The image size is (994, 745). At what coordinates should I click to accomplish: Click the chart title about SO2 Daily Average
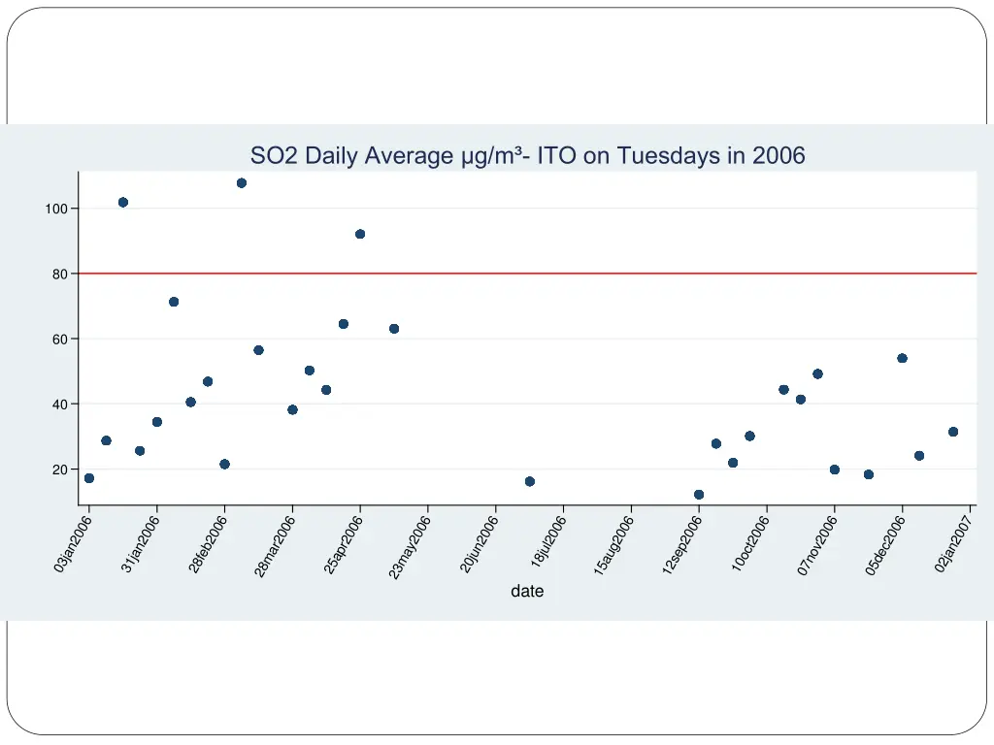527,155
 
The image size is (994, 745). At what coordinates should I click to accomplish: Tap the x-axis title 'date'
527,591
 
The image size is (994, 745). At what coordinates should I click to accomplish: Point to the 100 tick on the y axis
54,210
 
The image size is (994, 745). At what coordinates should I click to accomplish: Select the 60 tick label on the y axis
58,340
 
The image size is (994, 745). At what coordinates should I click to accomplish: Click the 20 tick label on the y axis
58,470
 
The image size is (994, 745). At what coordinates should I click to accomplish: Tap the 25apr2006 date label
344,545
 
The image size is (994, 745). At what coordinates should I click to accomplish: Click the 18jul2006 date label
548,543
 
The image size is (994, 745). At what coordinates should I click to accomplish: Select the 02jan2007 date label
953,544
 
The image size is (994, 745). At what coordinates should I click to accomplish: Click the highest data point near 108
242,183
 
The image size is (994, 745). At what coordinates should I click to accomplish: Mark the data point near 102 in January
123,203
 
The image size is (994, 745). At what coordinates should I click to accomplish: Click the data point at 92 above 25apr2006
360,234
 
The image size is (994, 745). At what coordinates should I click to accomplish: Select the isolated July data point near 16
530,481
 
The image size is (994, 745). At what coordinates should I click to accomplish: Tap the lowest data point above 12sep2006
699,495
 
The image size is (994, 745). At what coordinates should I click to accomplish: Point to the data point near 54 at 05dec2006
902,358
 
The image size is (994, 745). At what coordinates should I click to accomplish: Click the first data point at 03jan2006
89,478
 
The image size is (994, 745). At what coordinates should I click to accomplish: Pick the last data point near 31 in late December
953,432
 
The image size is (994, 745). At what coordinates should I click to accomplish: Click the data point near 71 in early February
174,302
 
